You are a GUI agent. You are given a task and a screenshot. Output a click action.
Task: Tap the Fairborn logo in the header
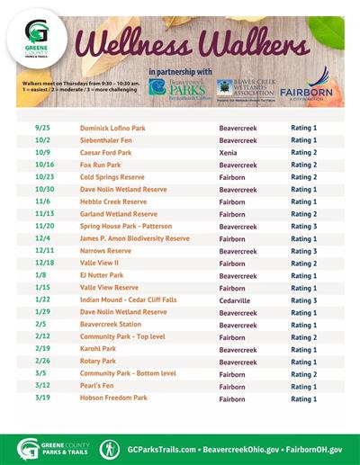point(308,89)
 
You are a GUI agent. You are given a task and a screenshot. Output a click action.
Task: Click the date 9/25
point(41,128)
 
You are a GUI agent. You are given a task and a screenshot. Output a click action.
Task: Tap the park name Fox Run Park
point(102,165)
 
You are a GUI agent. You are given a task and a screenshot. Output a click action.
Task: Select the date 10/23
point(43,177)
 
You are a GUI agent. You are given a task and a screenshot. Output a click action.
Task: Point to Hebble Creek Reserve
point(112,202)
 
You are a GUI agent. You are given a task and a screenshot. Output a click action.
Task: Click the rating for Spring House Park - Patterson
point(303,227)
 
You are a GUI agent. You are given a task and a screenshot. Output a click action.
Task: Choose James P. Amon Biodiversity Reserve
point(135,239)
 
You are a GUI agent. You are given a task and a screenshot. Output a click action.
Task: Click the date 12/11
point(43,251)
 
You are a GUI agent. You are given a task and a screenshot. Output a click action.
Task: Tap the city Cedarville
point(235,300)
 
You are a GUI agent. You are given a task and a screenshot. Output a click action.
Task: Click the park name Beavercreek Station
point(111,325)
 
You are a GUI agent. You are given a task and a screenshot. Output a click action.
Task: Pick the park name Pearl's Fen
point(99,386)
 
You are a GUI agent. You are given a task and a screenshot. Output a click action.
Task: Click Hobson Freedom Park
point(112,398)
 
